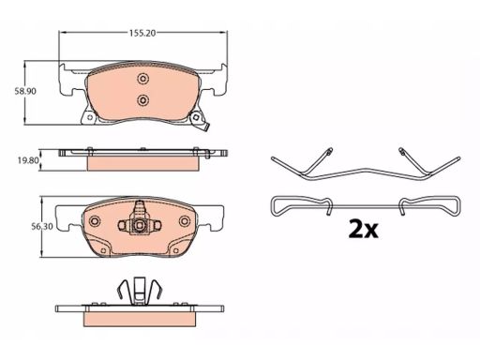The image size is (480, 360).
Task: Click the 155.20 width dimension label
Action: pos(142,33)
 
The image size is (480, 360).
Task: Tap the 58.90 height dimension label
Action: pos(25,91)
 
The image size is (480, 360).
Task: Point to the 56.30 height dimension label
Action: pos(42,227)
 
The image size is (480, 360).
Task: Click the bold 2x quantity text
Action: pos(363,230)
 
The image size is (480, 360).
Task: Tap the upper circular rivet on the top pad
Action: pos(142,79)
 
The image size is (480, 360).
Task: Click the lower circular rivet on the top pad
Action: pos(142,100)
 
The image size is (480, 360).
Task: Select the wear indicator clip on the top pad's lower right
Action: pos(200,121)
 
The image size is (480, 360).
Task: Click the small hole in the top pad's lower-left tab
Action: pos(90,117)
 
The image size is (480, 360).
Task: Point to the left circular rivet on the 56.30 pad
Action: pos(94,221)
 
